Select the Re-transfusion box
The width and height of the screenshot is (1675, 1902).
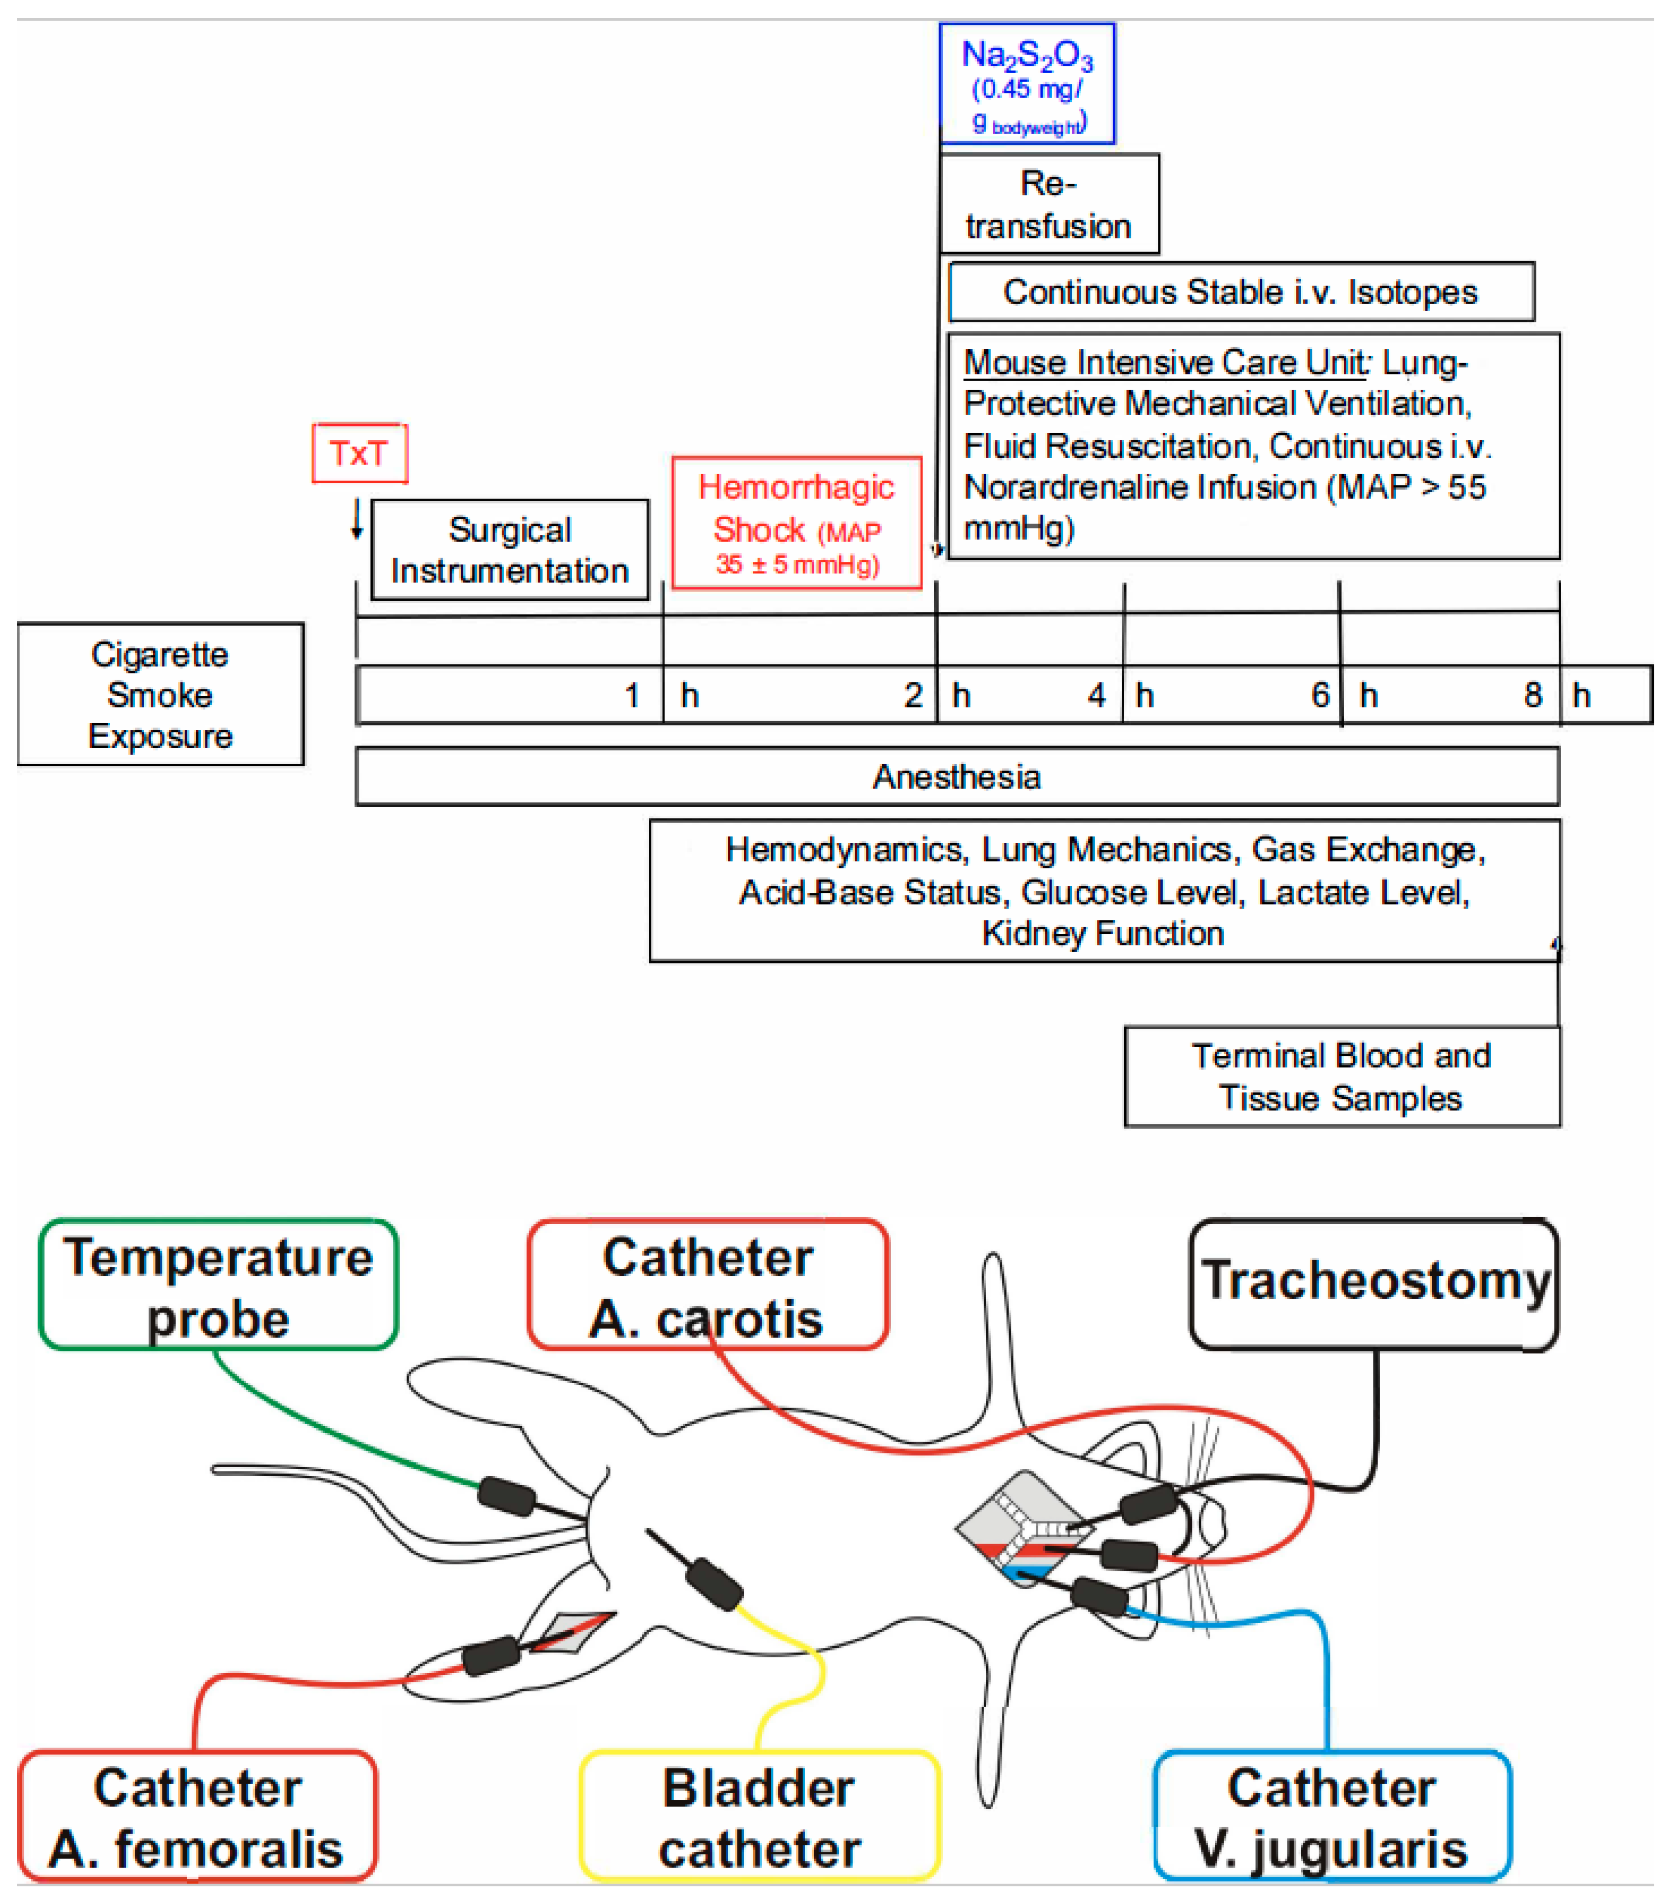click(x=1048, y=204)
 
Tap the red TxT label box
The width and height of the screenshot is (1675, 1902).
click(x=359, y=453)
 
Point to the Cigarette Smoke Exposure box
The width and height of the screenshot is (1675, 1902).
click(x=160, y=694)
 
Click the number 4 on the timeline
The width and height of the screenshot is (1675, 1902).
click(x=1096, y=695)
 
